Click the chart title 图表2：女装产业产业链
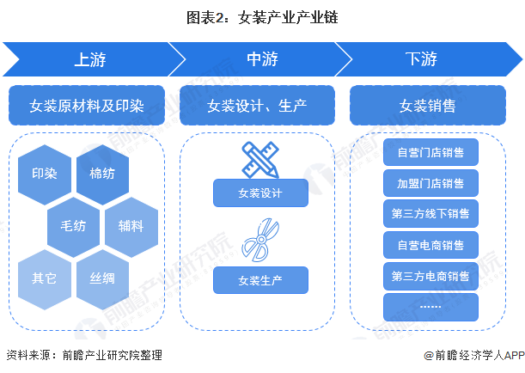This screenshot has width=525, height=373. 262,15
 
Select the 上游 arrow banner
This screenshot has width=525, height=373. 90,59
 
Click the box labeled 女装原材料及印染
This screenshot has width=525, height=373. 87,107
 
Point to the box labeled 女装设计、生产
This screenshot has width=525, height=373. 258,107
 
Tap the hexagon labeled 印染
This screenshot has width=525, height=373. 45,174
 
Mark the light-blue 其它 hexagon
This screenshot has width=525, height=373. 45,278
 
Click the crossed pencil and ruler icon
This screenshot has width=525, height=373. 260,158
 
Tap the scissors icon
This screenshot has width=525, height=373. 260,240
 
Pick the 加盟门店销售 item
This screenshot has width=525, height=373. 430,183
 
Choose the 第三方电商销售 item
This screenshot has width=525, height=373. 430,276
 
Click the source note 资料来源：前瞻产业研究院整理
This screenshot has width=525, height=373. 83,355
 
